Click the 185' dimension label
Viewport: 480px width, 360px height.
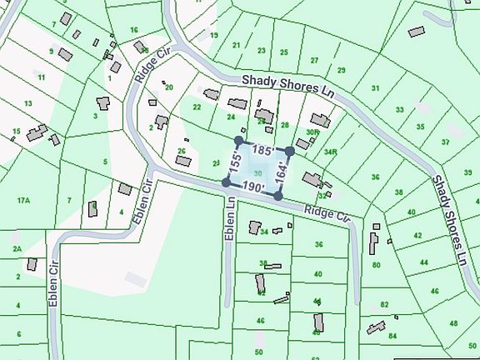pyautogui.click(x=261, y=151)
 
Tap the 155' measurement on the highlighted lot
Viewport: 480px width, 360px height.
pyautogui.click(x=236, y=162)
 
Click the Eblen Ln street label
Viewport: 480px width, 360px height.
pyautogui.click(x=230, y=219)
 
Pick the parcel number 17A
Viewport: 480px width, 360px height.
pyautogui.click(x=22, y=200)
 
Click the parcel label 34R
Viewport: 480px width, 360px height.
pyautogui.click(x=331, y=152)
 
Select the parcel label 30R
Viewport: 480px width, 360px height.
pyautogui.click(x=312, y=132)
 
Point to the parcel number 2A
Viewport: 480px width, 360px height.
pyautogui.click(x=17, y=249)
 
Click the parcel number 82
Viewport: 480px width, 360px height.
pyautogui.click(x=384, y=305)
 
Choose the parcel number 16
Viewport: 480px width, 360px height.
pyautogui.click(x=133, y=30)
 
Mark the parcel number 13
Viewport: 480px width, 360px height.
pyautogui.click(x=28, y=103)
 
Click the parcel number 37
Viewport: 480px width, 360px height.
pyautogui.click(x=446, y=142)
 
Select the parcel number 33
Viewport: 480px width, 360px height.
pyautogui.click(x=400, y=109)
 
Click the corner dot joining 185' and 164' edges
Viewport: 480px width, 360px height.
pyautogui.click(x=289, y=152)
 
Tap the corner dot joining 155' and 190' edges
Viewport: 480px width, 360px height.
pyautogui.click(x=226, y=182)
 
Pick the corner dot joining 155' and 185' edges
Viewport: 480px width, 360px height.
pyautogui.click(x=239, y=140)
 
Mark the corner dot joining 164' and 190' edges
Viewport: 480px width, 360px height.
pyautogui.click(x=277, y=196)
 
